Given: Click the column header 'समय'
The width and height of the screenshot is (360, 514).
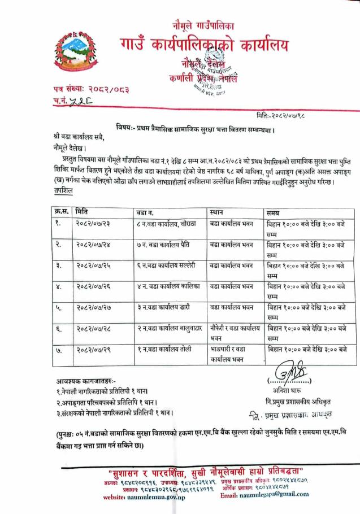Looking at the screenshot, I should [275, 211].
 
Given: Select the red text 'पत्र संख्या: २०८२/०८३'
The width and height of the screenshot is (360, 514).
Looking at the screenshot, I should [89, 89].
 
